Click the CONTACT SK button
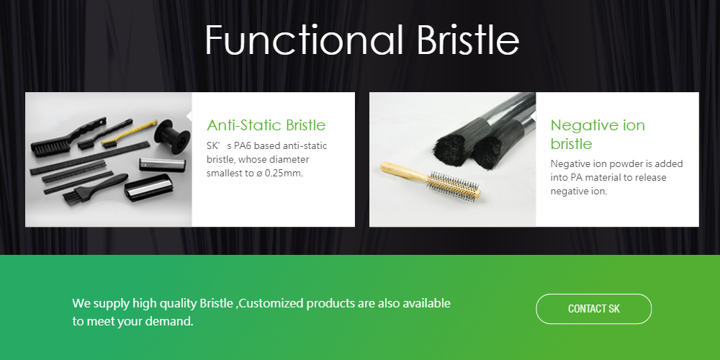tap(593, 309)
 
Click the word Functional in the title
tap(304, 40)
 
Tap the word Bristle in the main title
tap(468, 40)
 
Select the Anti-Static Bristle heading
tap(266, 125)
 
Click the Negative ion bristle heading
tap(598, 134)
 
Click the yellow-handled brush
tap(129, 134)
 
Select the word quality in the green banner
tap(178, 304)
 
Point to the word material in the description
tap(603, 178)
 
